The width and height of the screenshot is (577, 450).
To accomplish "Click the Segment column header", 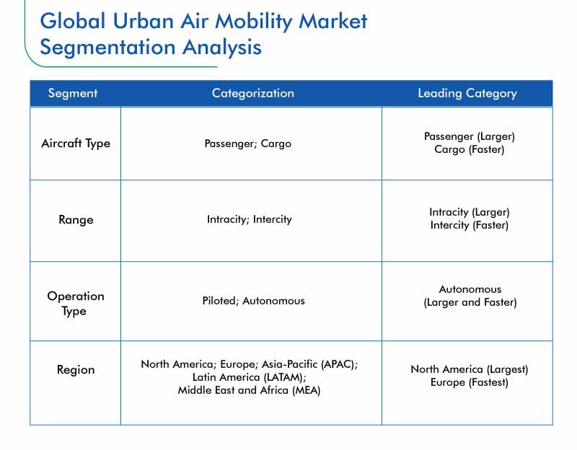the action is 73,93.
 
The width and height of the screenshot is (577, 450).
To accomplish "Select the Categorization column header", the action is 253,93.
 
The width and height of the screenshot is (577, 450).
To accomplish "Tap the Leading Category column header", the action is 467,93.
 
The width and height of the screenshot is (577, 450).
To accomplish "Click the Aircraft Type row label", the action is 76,143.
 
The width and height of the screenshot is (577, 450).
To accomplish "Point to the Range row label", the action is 76,220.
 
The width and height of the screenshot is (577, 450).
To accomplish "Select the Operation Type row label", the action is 76,303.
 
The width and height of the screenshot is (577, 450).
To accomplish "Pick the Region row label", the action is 76,369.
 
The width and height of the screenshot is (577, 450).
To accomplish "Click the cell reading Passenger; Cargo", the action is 247,144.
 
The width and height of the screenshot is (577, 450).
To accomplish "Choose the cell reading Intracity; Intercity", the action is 249,219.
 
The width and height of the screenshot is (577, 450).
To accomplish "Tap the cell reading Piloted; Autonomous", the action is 254,301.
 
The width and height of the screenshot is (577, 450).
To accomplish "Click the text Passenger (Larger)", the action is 470,136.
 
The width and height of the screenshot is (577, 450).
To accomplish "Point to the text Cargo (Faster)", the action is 470,149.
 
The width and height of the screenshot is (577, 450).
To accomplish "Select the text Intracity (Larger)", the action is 470,212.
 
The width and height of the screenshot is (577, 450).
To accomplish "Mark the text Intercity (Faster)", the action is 470,225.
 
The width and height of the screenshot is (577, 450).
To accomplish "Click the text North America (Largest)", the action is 470,369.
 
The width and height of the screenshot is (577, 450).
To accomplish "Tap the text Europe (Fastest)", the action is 470,382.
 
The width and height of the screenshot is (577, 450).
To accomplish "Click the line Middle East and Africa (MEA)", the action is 249,390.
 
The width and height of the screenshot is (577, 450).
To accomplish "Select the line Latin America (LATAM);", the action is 249,377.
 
